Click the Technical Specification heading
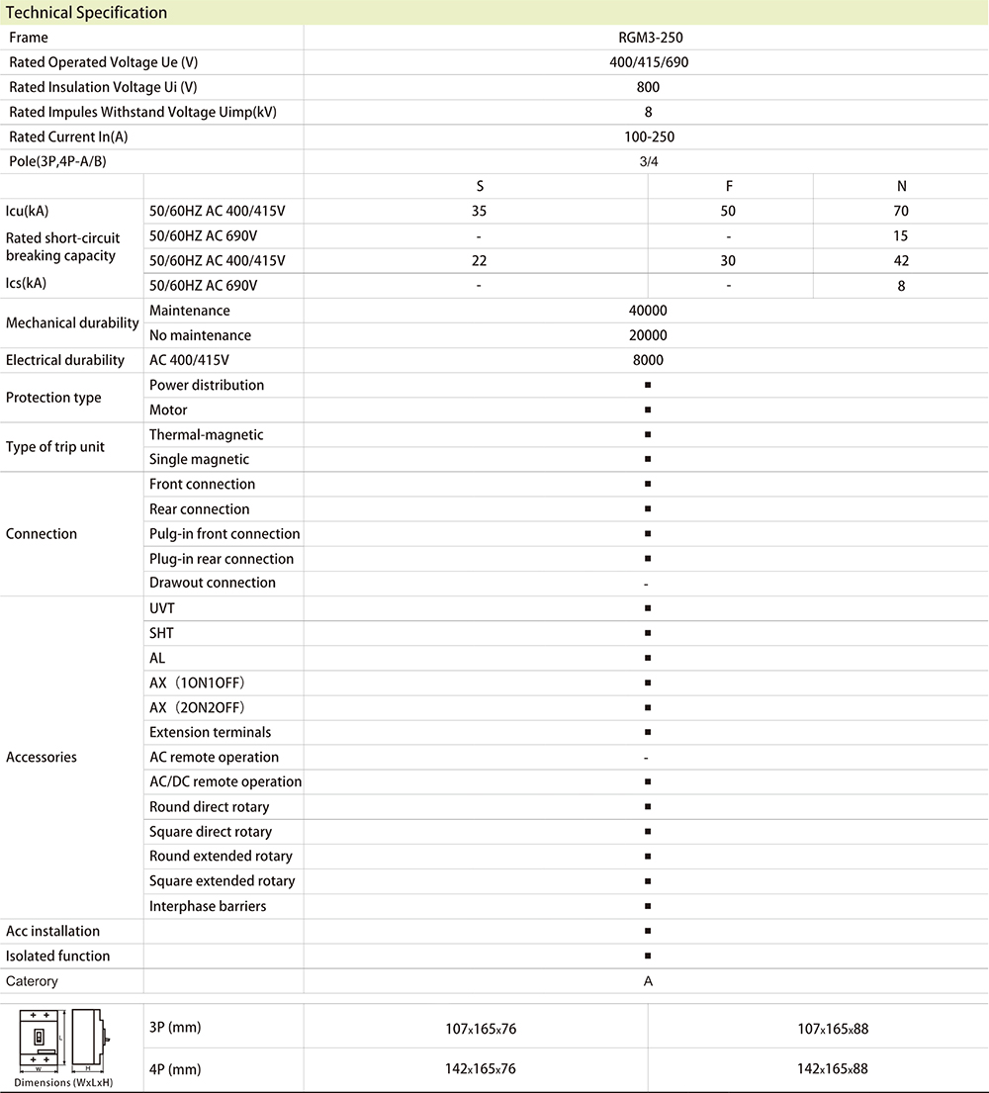click(87, 13)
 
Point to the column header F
click(729, 186)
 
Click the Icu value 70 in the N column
click(901, 211)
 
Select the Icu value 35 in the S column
click(479, 211)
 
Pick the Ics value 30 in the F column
click(729, 260)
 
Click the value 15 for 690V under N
click(901, 235)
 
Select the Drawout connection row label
click(213, 583)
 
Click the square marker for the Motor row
click(647, 410)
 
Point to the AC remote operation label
click(214, 757)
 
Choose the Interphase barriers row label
click(208, 906)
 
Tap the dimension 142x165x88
click(833, 1068)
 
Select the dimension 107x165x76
click(481, 1029)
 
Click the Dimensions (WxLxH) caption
click(63, 1082)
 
